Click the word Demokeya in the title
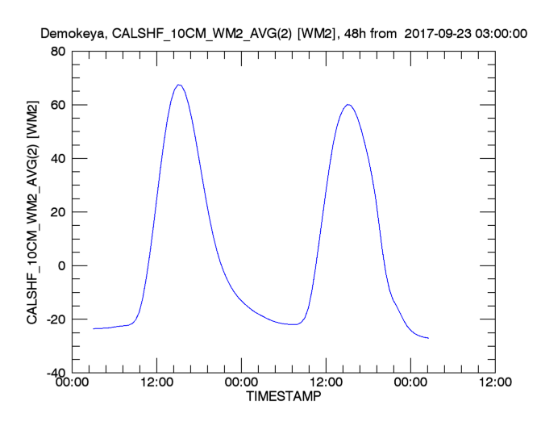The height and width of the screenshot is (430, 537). tap(70, 34)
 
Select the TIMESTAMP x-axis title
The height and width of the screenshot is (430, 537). tap(282, 397)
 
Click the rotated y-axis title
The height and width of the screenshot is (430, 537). tap(33, 212)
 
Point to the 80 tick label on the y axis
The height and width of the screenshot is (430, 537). tap(58, 52)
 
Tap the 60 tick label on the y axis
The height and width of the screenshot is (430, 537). tap(58, 105)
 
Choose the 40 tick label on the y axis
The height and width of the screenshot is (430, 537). tap(58, 159)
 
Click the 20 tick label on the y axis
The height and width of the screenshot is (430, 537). tap(58, 212)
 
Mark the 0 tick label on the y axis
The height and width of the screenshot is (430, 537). tap(61, 266)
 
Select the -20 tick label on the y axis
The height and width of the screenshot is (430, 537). tap(56, 319)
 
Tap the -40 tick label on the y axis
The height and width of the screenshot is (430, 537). tap(56, 373)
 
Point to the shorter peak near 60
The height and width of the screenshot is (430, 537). tap(348, 104)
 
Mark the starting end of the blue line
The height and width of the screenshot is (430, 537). tap(94, 328)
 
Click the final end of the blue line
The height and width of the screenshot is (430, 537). tap(428, 338)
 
